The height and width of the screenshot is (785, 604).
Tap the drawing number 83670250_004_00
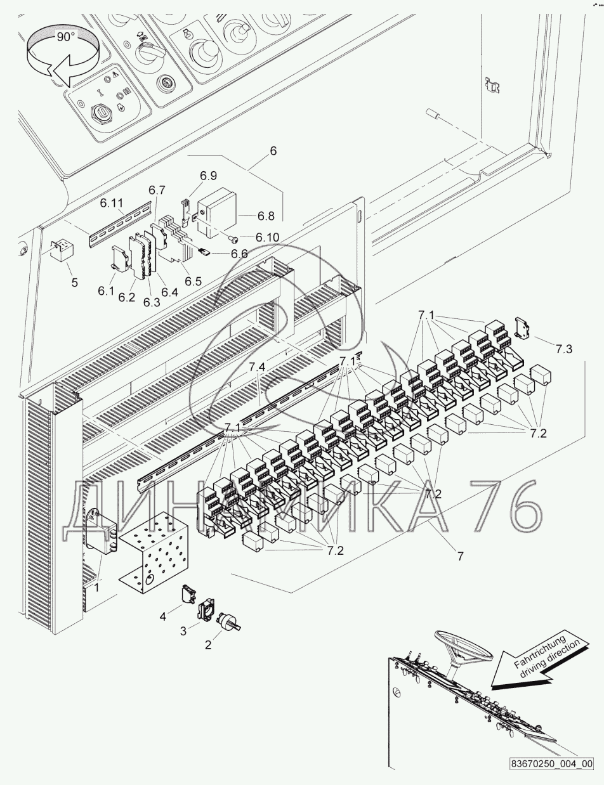(x=551, y=763)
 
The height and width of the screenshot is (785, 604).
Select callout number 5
(x=74, y=282)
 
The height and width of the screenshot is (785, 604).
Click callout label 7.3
(x=563, y=348)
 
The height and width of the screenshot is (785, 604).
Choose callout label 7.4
(x=256, y=367)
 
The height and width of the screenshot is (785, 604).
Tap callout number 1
(x=97, y=588)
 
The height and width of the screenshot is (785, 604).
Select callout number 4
(x=163, y=614)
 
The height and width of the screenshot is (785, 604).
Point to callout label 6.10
(x=268, y=237)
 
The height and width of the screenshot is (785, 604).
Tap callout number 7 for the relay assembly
(x=460, y=556)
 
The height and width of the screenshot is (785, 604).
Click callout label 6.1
(x=105, y=292)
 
